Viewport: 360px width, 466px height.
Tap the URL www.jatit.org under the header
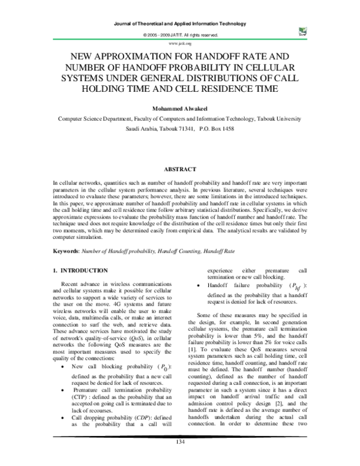[180, 44]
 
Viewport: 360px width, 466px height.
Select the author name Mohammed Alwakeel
[180, 109]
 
